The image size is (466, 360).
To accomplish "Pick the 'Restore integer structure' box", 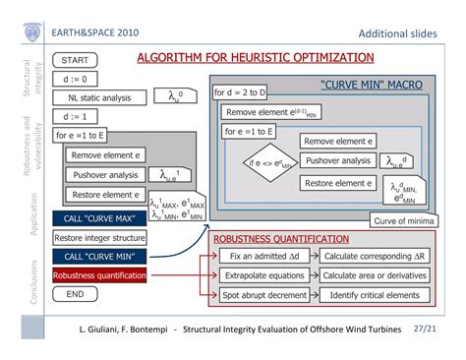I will (x=99, y=237).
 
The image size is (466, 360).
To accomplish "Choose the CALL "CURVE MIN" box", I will (x=99, y=256).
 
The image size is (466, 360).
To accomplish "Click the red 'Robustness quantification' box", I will (x=99, y=275).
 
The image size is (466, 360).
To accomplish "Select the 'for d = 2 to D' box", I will (x=242, y=93).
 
